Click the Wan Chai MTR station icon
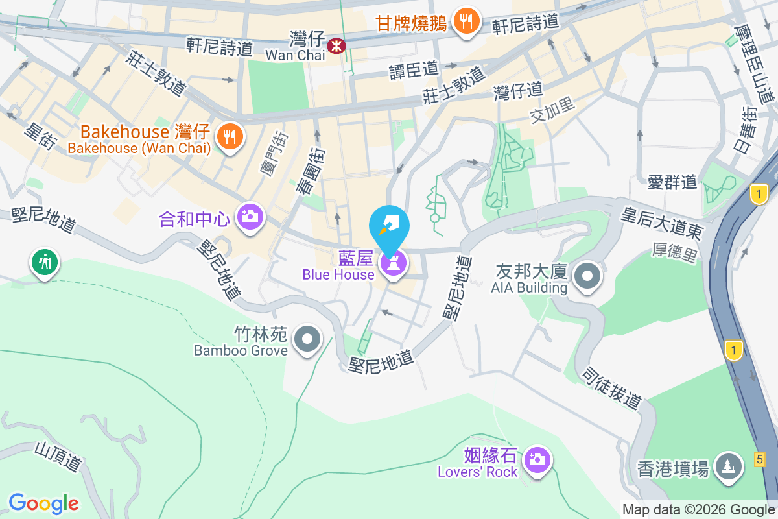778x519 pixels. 336,45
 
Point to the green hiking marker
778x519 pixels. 44,263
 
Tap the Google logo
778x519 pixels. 43,503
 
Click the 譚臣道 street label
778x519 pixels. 414,70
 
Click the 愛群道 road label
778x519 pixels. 672,182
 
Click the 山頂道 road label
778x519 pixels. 58,457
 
